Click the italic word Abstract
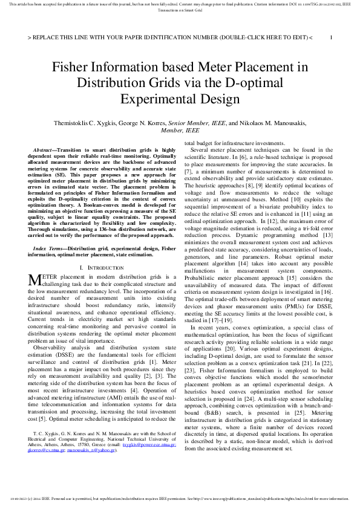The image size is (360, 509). click(44, 149)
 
